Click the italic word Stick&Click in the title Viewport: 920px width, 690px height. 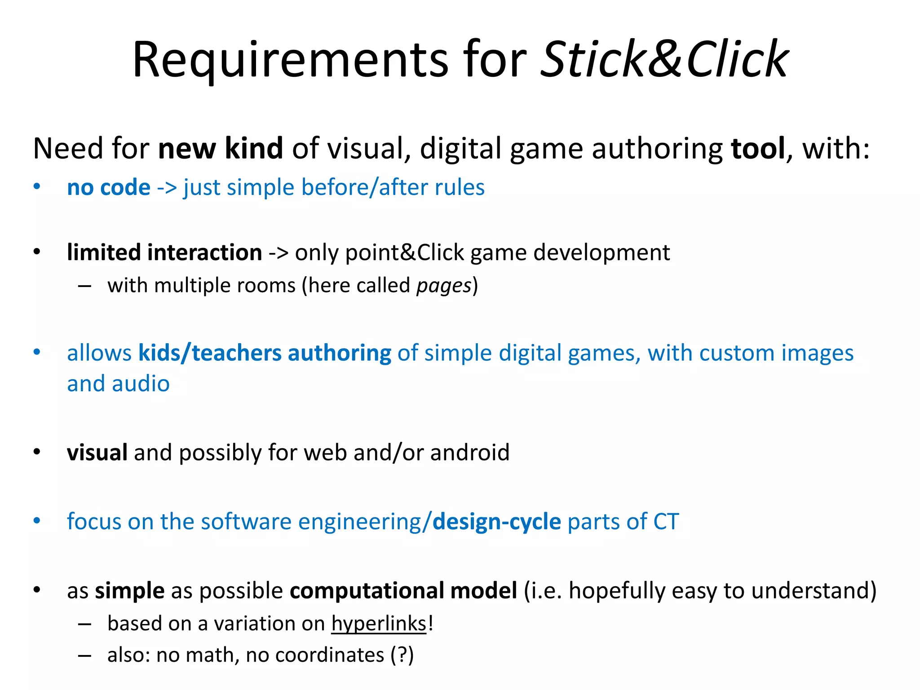tap(664, 59)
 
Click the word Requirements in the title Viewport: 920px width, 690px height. tap(290, 59)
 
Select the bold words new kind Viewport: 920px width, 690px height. tap(221, 148)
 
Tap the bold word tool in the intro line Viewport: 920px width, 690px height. tap(758, 148)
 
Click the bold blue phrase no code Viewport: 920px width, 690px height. tap(108, 187)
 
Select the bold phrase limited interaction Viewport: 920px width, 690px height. tap(164, 252)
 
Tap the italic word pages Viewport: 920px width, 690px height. tap(444, 286)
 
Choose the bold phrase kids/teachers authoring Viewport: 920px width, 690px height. tap(265, 353)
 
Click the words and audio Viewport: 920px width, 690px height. tap(118, 384)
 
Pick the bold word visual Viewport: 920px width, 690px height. tap(97, 452)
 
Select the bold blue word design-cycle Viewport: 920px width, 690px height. tap(497, 522)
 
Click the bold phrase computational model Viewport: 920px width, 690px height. tap(403, 591)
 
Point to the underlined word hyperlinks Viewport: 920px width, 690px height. tap(379, 624)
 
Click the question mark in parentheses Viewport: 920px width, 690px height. tap(402, 655)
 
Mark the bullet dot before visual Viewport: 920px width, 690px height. tap(37, 451)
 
